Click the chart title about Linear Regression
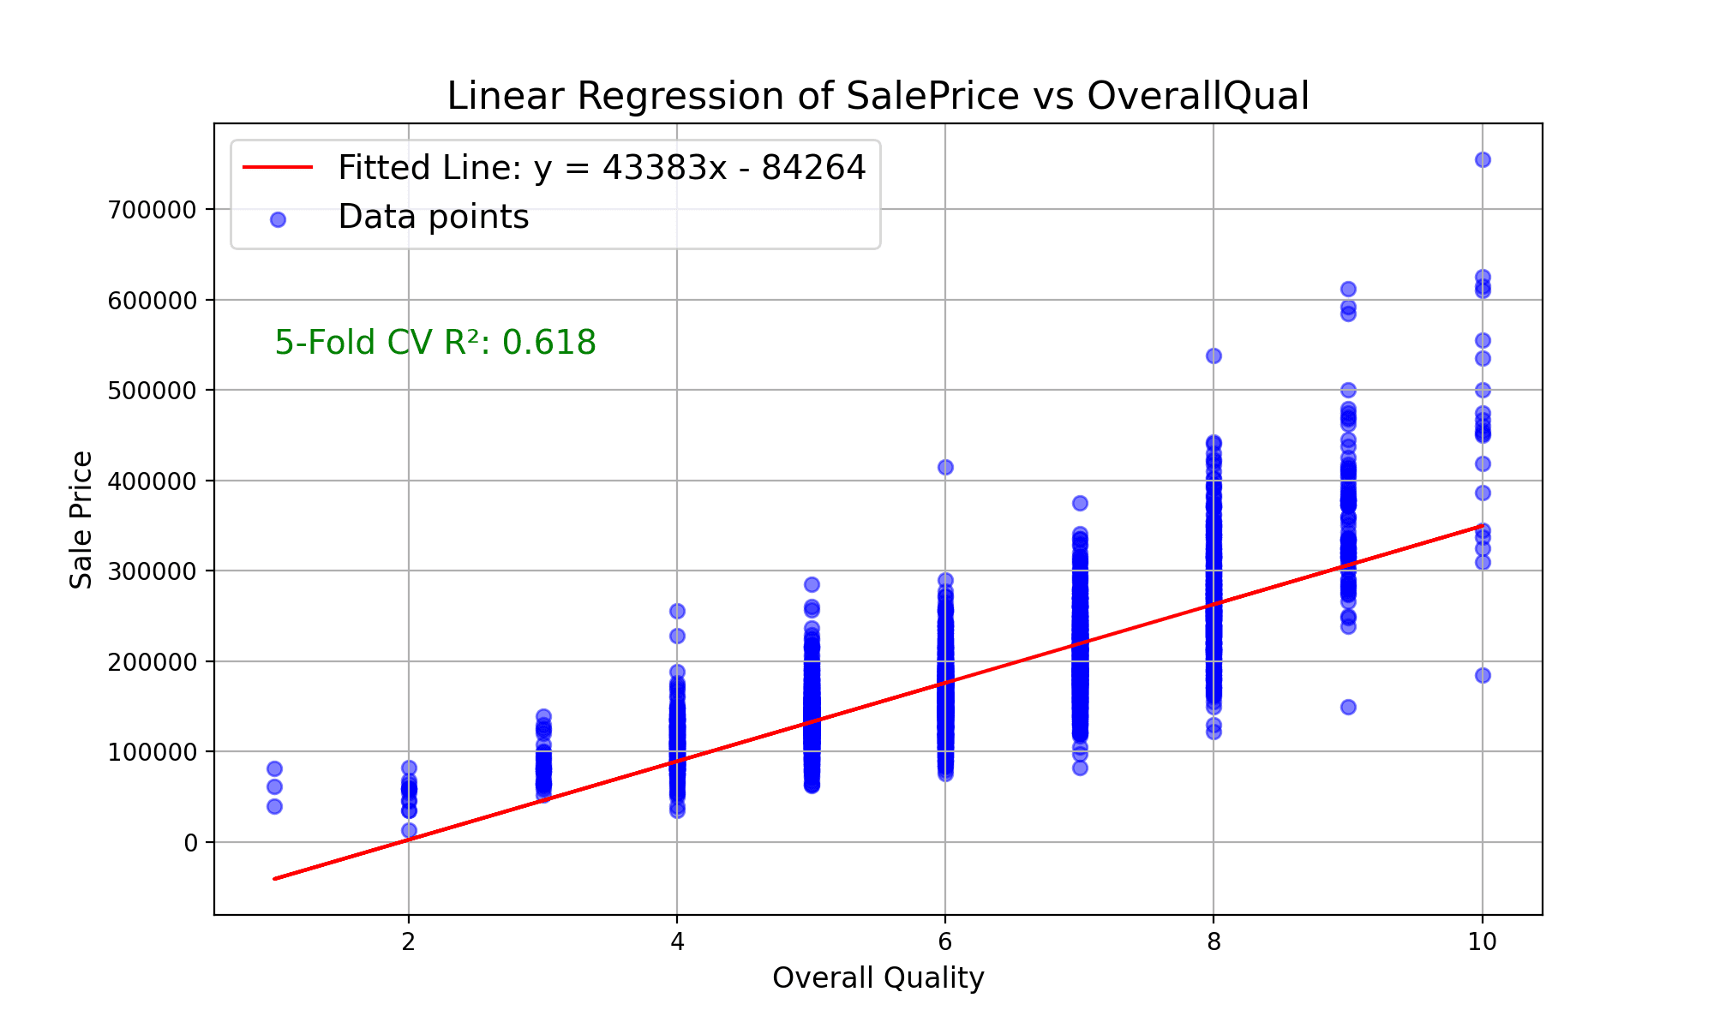tap(878, 96)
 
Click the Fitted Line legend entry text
tap(602, 168)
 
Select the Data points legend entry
tap(433, 218)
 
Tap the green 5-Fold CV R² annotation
tap(435, 343)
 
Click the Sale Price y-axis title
tap(81, 520)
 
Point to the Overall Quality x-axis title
tap(878, 977)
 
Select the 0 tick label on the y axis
tap(190, 843)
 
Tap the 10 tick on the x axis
tap(1482, 942)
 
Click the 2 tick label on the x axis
tap(409, 942)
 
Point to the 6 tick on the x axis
tap(945, 942)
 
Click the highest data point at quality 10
tap(1483, 159)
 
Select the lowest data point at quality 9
tap(1348, 707)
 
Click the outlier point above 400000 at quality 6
tap(945, 467)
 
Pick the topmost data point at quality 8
tap(1214, 356)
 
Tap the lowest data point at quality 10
tap(1483, 675)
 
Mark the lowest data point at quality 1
tap(274, 806)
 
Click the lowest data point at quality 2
tap(409, 830)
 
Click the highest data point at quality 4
tap(677, 611)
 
